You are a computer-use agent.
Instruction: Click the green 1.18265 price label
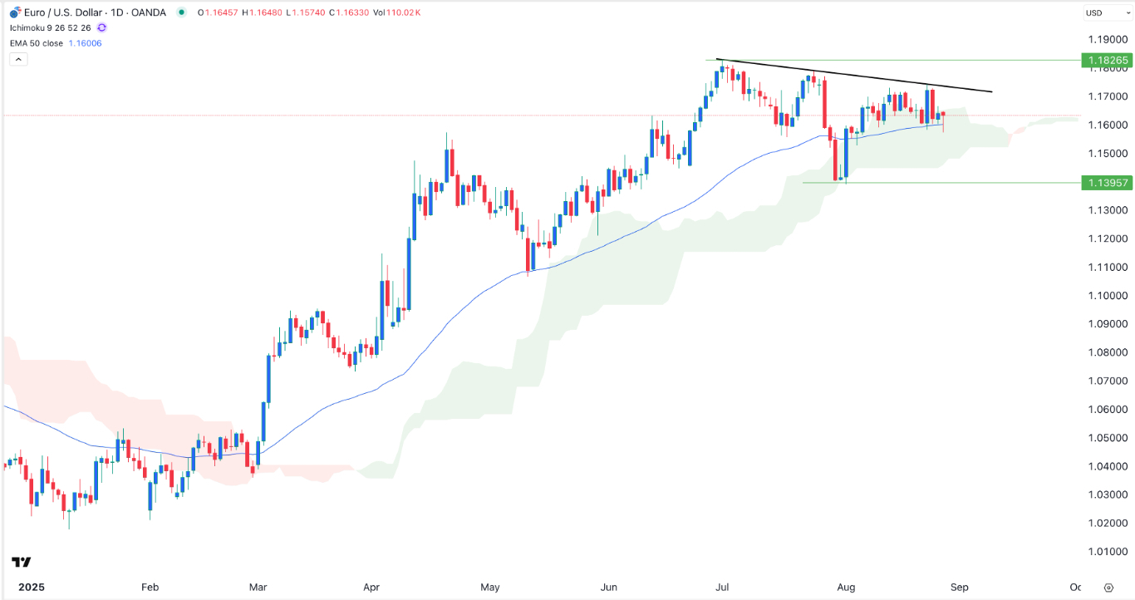coord(1106,61)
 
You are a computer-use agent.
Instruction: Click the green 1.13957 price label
coord(1106,183)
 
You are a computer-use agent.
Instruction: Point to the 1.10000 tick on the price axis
coord(1106,296)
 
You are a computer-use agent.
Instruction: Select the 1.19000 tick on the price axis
coord(1106,40)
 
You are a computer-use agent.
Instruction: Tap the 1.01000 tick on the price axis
coord(1106,552)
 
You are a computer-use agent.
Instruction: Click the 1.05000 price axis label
coord(1106,438)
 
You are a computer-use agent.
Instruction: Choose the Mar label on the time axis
coord(259,587)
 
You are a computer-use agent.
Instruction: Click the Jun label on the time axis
coord(609,587)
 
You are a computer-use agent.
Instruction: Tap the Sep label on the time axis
coord(960,587)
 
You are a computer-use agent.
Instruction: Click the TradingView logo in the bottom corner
coord(22,562)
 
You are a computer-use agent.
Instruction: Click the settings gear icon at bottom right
coord(1108,587)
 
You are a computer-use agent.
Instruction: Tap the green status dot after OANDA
coord(181,12)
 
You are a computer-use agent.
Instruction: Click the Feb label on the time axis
coord(150,587)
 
